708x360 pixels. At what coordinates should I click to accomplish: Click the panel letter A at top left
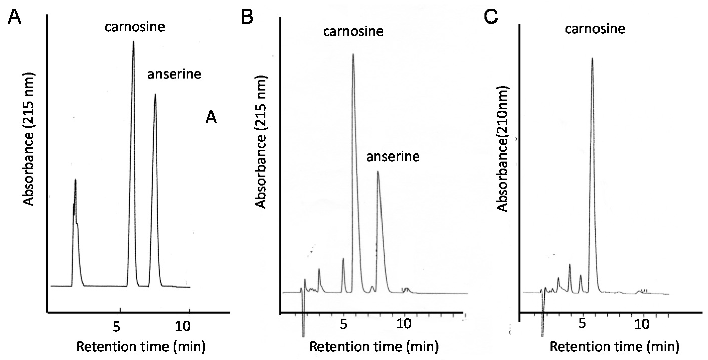coord(14,17)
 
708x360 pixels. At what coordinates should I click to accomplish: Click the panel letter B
coord(247,17)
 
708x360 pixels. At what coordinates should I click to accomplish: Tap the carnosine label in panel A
coord(135,27)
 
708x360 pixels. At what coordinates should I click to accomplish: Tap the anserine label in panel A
coord(174,74)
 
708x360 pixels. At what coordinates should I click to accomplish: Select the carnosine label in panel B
coord(353,32)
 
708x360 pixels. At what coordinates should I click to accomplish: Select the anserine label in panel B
coord(393,157)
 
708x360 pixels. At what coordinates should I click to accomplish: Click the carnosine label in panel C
coord(595,29)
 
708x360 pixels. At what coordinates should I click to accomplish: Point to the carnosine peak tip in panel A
coord(134,42)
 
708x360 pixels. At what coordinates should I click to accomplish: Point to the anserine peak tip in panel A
coord(155,95)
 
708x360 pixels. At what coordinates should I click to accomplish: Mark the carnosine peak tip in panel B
coord(353,54)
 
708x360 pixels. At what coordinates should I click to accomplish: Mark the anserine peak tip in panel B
coord(378,172)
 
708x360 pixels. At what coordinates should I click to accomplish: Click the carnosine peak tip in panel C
coord(592,58)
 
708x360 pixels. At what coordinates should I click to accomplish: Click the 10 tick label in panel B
coord(404,324)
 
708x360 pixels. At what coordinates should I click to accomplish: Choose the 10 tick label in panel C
coord(642,324)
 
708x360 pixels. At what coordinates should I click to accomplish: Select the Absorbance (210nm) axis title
coord(502,148)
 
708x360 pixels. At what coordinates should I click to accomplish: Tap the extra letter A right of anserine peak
coord(211,118)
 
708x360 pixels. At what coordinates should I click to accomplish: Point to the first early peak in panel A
coord(75,180)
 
